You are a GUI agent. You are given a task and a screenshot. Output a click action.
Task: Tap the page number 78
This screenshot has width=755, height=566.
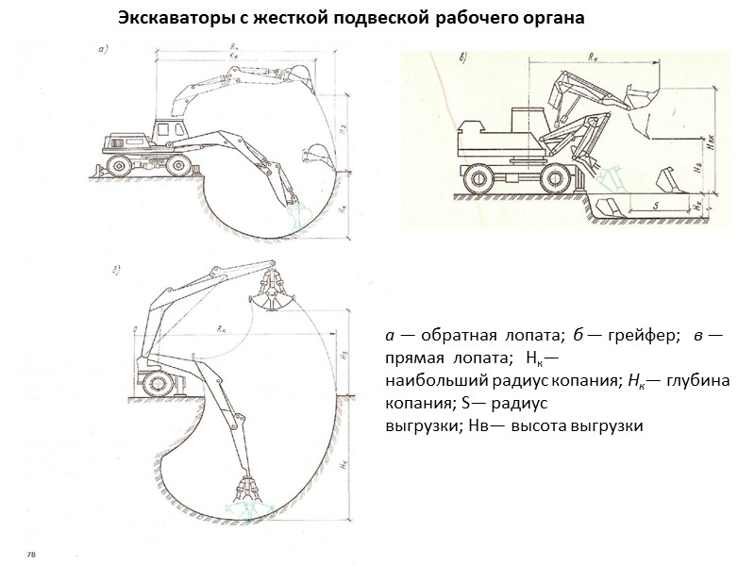pos(30,551)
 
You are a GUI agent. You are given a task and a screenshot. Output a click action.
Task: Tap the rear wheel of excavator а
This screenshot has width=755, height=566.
pos(120,165)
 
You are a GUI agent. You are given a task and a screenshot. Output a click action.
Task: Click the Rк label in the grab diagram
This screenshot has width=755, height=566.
pos(223,329)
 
